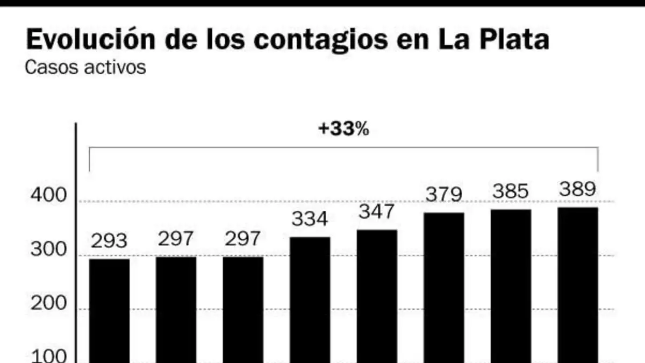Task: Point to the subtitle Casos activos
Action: click(x=85, y=67)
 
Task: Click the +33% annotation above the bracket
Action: click(x=343, y=129)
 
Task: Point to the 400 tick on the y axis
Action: click(x=48, y=195)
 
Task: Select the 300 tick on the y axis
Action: click(x=48, y=249)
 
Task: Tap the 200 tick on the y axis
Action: click(x=48, y=303)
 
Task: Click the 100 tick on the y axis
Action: click(x=48, y=357)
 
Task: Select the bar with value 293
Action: click(x=110, y=311)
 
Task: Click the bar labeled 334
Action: click(x=310, y=300)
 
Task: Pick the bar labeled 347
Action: click(x=377, y=296)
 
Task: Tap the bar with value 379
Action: click(x=444, y=288)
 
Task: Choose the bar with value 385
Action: click(x=511, y=286)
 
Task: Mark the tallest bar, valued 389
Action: click(x=578, y=285)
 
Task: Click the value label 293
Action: click(x=109, y=241)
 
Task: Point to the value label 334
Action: click(x=310, y=219)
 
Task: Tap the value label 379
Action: click(x=444, y=195)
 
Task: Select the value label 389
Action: click(x=577, y=189)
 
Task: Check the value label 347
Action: click(x=377, y=211)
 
